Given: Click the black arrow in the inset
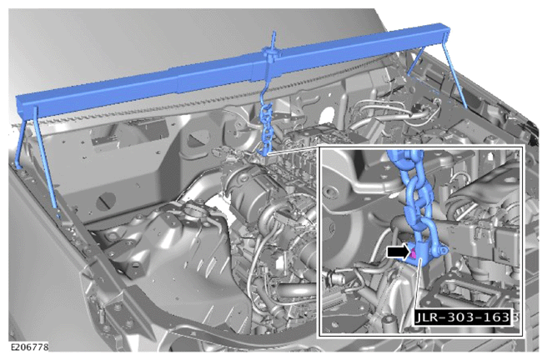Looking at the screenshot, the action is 398,252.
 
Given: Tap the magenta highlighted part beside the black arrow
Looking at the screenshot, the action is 413,253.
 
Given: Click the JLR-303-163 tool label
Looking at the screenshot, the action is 463,317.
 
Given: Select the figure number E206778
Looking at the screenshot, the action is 30,347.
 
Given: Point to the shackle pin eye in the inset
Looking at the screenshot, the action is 442,251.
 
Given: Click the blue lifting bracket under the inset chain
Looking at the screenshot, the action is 421,253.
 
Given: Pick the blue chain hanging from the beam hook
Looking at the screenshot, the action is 266,129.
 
